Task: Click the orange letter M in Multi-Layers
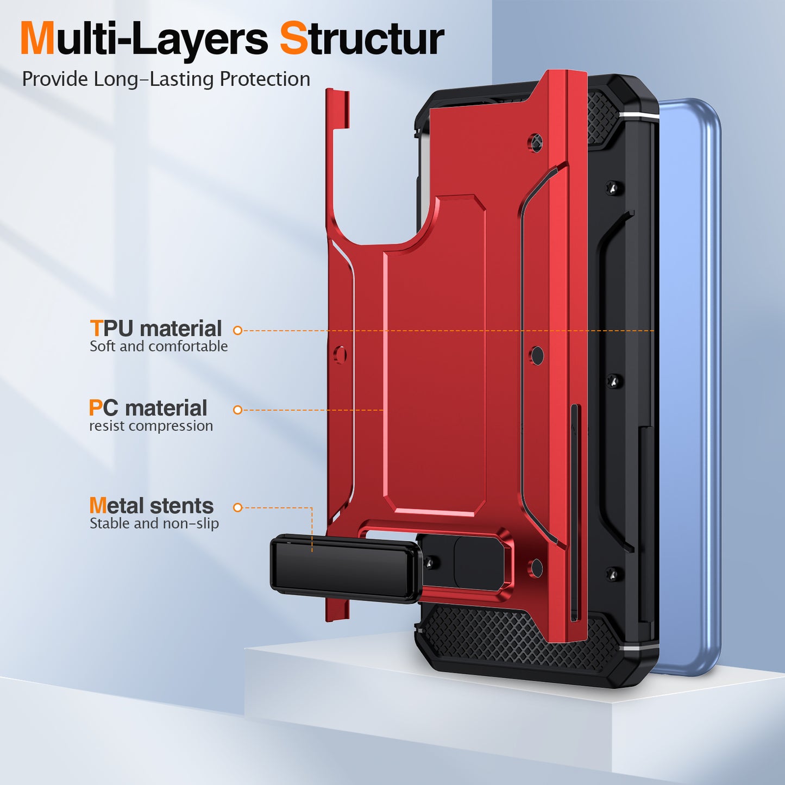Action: click(x=37, y=39)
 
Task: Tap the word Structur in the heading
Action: click(x=362, y=39)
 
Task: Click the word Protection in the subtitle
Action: click(x=265, y=79)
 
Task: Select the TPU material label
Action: click(x=156, y=329)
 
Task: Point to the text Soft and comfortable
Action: click(x=159, y=347)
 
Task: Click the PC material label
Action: click(x=148, y=408)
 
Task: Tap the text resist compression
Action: click(x=151, y=426)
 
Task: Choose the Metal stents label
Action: click(x=152, y=506)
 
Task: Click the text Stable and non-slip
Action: click(x=154, y=524)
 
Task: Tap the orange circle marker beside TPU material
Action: click(x=237, y=330)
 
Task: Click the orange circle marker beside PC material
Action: click(x=237, y=410)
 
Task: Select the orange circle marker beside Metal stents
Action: click(x=237, y=507)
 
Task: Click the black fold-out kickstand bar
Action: click(x=346, y=568)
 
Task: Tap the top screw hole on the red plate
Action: click(x=536, y=142)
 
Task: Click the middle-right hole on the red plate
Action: click(x=537, y=356)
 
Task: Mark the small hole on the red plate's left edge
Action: click(x=341, y=355)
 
